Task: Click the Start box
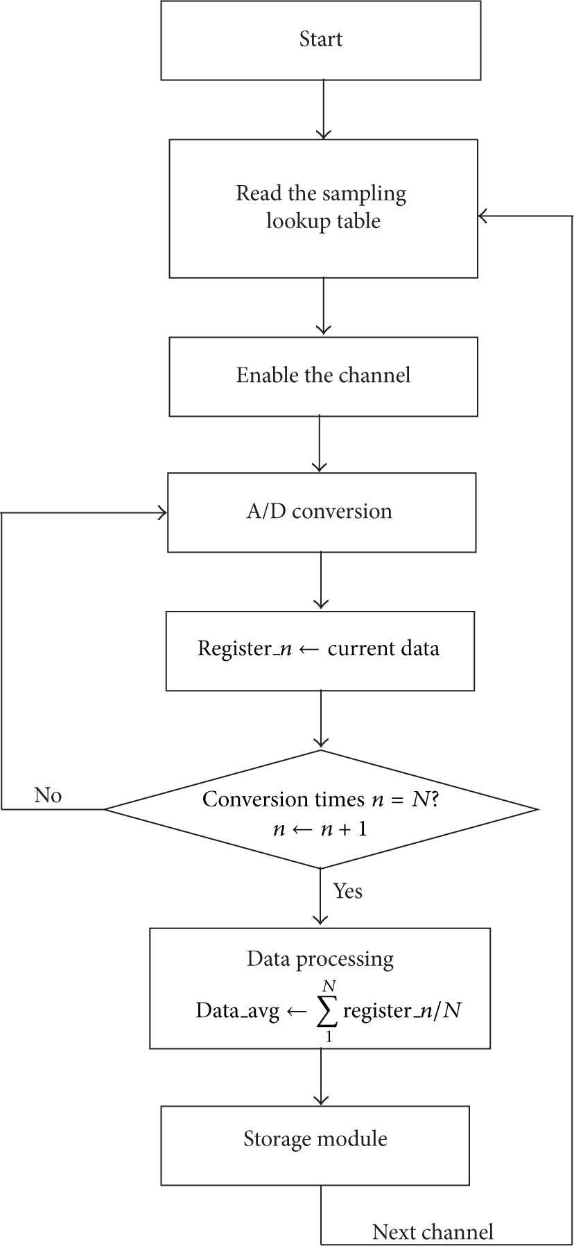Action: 320,40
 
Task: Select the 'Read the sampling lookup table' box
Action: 323,209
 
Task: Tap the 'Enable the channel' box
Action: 323,377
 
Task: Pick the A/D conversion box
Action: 322,512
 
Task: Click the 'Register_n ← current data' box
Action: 320,650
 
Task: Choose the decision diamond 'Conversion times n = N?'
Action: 321,808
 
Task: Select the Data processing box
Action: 320,988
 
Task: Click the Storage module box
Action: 315,1145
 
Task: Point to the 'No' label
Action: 48,795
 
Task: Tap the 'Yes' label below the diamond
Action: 347,891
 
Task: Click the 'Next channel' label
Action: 433,1231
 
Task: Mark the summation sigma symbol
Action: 327,1012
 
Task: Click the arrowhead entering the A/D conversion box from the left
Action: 163,513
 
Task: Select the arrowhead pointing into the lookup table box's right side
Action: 484,216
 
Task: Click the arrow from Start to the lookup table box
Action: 323,110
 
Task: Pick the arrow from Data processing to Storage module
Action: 321,1077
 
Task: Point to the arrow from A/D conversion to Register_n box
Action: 321,582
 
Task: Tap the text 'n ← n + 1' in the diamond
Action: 320,829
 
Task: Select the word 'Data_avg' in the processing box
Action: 237,1012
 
